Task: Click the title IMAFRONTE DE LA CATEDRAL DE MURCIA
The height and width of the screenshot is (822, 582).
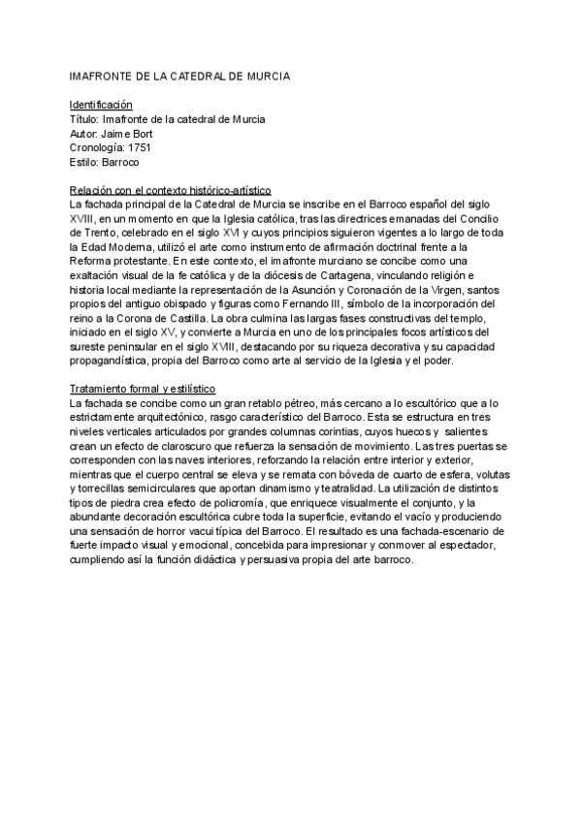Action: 180,75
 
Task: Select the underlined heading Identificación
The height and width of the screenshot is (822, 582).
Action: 101,104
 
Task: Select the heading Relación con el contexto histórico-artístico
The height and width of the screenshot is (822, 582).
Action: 171,190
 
